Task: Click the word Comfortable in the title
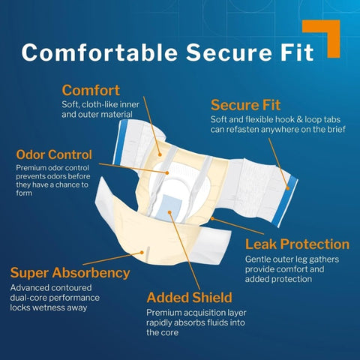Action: (100, 52)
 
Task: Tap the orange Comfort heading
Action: (91, 90)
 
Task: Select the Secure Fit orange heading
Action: (245, 105)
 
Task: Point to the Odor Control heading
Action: (54, 154)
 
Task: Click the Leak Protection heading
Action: (297, 244)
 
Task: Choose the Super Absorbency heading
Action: (70, 273)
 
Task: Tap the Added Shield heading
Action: (190, 298)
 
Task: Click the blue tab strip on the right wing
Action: (285, 201)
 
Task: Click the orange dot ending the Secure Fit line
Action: (287, 188)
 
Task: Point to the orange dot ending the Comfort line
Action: (160, 154)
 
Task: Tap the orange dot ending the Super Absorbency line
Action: (142, 253)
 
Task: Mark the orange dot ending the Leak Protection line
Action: (212, 218)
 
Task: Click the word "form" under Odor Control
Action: (24, 193)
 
